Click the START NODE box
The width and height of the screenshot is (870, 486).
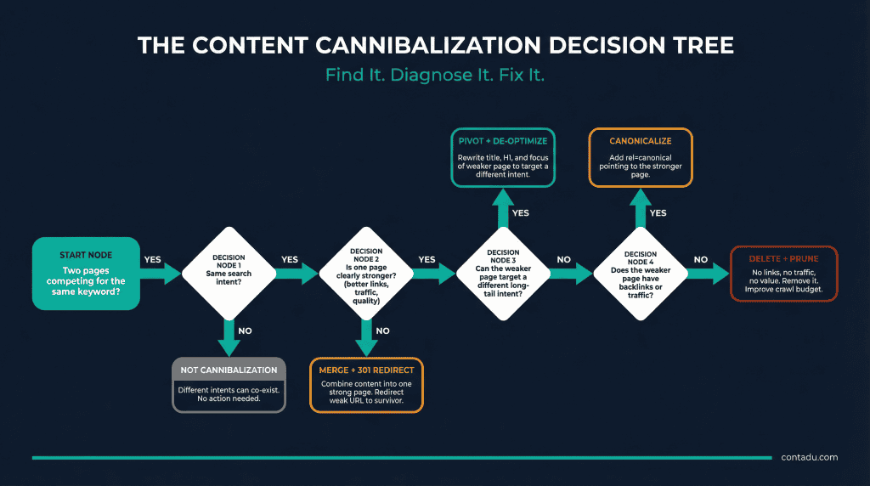(x=85, y=273)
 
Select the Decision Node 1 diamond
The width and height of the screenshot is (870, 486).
(x=227, y=273)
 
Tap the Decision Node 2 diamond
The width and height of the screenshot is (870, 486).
(x=366, y=273)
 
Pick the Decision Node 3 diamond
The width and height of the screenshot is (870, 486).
(x=501, y=273)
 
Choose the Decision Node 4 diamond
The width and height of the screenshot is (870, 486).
(x=640, y=273)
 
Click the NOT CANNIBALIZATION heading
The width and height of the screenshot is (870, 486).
(x=228, y=370)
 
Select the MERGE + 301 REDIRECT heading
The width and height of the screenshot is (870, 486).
(x=366, y=370)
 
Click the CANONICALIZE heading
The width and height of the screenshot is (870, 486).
(x=640, y=140)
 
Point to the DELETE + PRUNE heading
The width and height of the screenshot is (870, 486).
(x=783, y=258)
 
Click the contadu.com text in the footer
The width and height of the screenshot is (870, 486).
(x=809, y=457)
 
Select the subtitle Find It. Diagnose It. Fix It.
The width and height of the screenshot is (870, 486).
(x=434, y=75)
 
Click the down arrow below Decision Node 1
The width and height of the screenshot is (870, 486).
(x=228, y=338)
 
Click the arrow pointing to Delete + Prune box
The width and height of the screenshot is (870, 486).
(x=707, y=273)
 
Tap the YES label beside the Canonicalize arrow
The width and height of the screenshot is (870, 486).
(x=658, y=213)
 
